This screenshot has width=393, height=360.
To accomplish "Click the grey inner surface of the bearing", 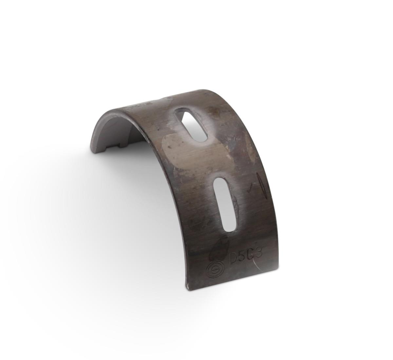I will [111, 131].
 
